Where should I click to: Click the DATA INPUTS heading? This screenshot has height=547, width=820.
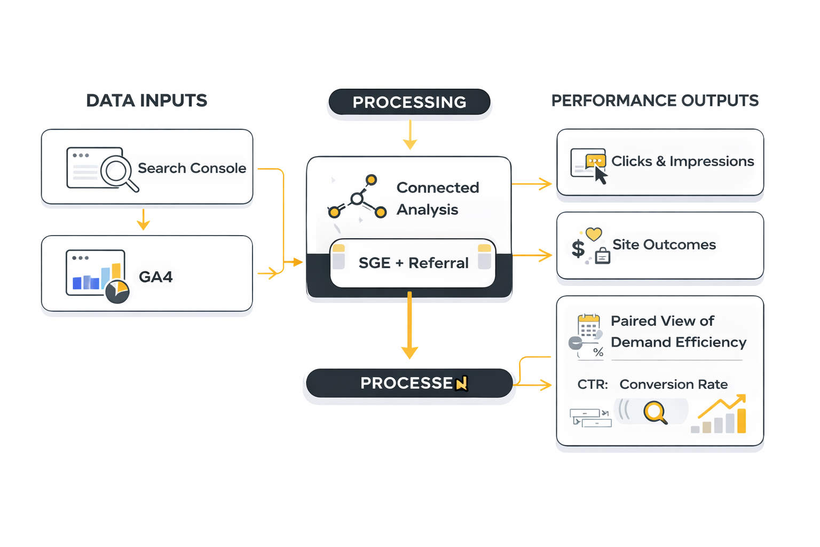pos(146,100)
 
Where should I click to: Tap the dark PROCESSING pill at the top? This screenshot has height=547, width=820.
pos(409,102)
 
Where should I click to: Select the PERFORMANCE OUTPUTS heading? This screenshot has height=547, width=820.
pos(655,100)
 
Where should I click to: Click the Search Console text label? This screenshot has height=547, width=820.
pos(192,168)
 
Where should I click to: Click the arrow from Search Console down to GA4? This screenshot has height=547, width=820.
pos(143,220)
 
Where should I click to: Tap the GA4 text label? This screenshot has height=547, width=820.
pos(156,277)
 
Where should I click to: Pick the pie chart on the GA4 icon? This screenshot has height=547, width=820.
pos(117,292)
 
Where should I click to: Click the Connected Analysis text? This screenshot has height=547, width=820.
pos(437,198)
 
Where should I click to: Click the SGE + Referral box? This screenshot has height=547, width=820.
pos(413,263)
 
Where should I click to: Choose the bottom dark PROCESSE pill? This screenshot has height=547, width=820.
pos(409,383)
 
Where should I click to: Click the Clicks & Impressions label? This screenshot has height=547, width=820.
pos(682,161)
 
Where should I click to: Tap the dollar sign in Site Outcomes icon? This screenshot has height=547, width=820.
pos(578,249)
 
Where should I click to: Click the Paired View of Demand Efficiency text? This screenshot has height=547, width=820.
pos(678,331)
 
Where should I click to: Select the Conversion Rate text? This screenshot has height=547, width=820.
pos(673,384)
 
